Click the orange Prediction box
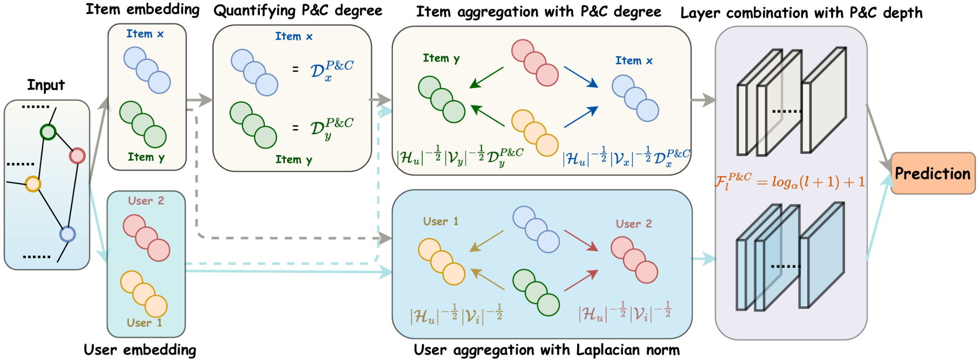(x=932, y=173)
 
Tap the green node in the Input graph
(x=48, y=132)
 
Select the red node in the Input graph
(x=77, y=156)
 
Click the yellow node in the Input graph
(x=33, y=184)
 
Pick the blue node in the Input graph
(x=68, y=234)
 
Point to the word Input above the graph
(x=46, y=85)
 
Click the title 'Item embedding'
(x=142, y=9)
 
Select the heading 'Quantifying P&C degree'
(x=298, y=11)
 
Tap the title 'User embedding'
(x=140, y=350)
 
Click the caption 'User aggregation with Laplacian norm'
(x=547, y=350)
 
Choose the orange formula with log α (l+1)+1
(x=790, y=181)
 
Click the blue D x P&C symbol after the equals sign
(x=331, y=71)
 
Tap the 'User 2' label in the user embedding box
(x=146, y=201)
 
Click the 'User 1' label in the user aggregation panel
(x=440, y=221)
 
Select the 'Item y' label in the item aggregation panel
(x=441, y=58)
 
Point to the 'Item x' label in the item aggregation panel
(x=634, y=61)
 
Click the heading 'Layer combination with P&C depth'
(x=801, y=13)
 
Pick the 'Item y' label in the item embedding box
(x=146, y=157)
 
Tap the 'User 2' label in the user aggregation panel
(x=634, y=224)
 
